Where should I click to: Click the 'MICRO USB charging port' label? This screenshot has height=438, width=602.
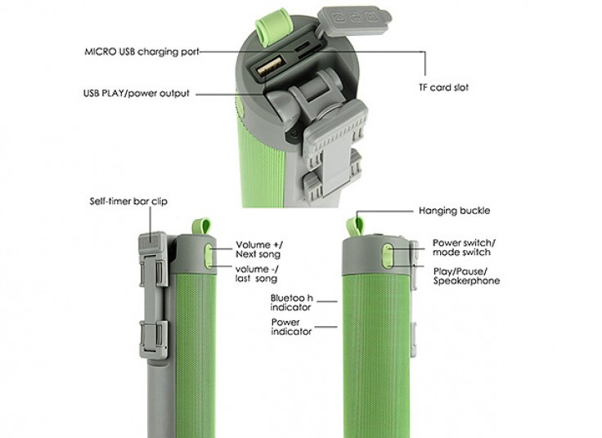point(142,51)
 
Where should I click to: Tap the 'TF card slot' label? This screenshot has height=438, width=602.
point(444,87)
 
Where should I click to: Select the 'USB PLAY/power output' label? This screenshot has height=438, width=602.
point(137,93)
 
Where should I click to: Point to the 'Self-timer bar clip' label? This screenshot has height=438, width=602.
point(128,201)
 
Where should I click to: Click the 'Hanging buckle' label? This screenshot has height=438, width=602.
point(454,211)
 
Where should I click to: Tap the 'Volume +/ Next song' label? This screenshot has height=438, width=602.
point(258,249)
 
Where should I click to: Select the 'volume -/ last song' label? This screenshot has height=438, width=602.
point(257,274)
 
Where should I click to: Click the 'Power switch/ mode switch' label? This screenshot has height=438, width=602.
point(464,248)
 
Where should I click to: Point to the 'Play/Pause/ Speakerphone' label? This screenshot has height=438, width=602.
point(466,276)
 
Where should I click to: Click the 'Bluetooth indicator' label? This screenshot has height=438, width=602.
point(292,302)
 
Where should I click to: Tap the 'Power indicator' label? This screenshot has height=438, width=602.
point(291,327)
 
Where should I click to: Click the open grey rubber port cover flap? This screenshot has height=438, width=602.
point(354,20)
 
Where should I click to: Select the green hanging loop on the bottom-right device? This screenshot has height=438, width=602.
point(355,227)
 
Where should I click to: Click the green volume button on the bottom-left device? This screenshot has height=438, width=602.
point(209,256)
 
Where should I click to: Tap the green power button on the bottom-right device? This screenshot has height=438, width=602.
point(388,256)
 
